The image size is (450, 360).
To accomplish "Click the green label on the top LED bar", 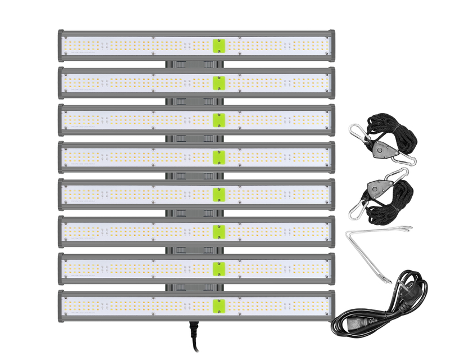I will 219,46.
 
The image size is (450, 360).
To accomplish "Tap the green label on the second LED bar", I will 219,83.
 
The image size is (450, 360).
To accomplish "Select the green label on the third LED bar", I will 219,120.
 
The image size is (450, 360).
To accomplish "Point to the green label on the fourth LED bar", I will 219,157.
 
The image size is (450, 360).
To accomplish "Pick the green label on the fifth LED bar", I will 219,195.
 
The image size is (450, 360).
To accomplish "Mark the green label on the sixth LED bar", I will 219,231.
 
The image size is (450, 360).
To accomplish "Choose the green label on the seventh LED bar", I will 219,268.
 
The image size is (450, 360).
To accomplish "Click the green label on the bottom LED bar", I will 219,305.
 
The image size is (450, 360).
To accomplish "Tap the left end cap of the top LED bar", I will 61,46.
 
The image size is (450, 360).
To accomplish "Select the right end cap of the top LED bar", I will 332,46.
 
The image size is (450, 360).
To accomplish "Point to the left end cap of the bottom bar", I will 61,305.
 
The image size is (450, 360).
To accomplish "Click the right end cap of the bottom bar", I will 332,305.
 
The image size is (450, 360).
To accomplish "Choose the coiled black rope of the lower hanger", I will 398,198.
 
